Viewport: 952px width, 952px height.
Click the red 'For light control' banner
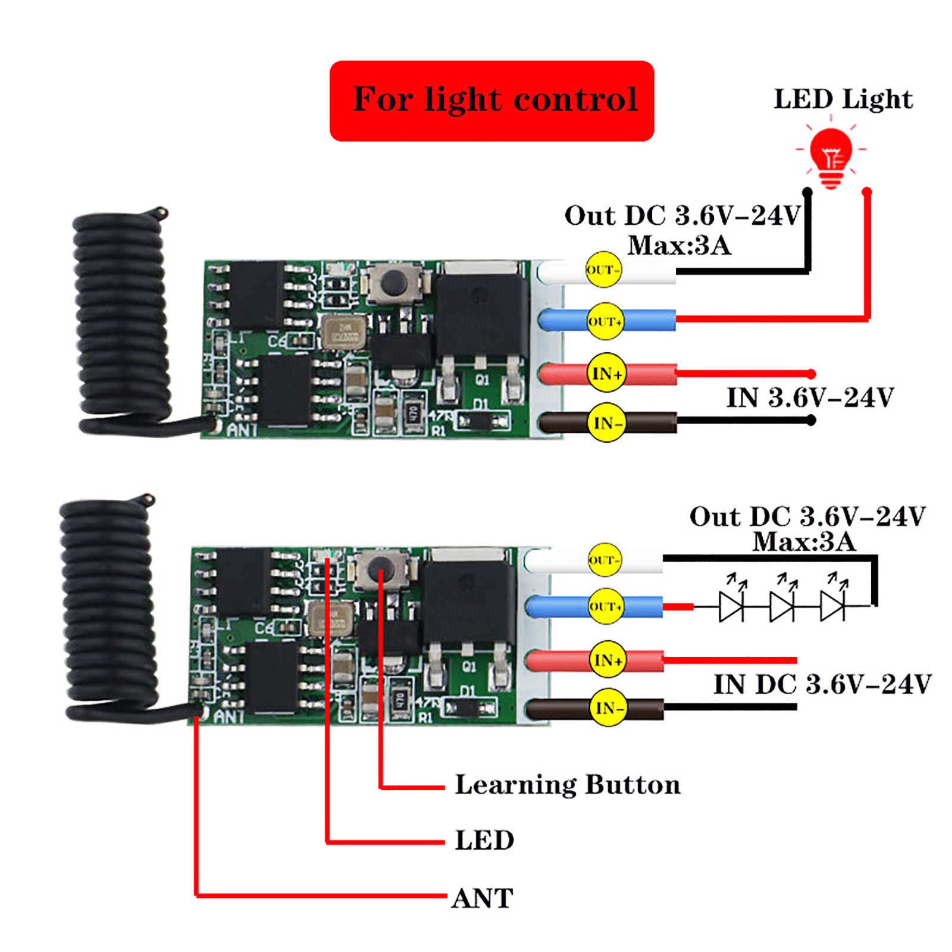(491, 101)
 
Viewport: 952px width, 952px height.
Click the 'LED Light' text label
(843, 99)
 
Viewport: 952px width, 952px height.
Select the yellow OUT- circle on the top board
(603, 270)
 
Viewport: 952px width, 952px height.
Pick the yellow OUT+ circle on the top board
(605, 321)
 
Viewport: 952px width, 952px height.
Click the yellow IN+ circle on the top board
(606, 373)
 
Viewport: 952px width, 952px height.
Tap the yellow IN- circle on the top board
(607, 423)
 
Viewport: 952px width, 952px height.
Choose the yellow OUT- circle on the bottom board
(605, 560)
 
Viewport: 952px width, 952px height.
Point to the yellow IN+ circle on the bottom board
(607, 659)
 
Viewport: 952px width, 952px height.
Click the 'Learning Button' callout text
(567, 785)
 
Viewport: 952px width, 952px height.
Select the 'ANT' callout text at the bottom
(482, 898)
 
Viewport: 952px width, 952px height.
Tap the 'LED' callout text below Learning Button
(484, 840)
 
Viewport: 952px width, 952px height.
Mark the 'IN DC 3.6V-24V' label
(822, 684)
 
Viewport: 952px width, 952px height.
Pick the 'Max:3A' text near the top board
(679, 245)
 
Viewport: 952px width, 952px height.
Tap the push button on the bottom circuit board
(380, 570)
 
